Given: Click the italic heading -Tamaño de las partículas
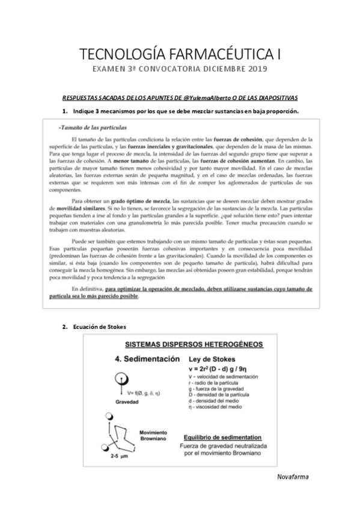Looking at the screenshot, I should tap(91, 128).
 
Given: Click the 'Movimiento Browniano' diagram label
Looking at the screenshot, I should tap(153, 436).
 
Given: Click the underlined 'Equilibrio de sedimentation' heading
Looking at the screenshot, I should tap(222, 436).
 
